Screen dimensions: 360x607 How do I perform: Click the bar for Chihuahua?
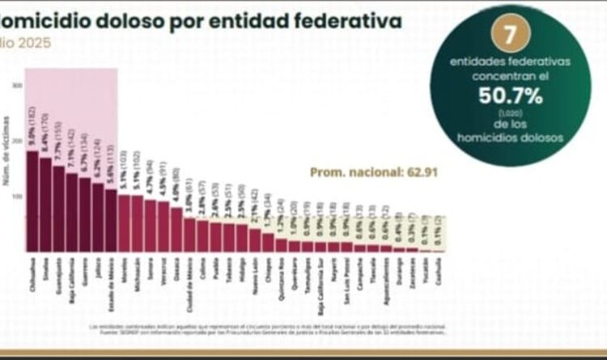[x=32, y=201]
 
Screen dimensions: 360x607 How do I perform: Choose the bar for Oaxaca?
[x=176, y=230]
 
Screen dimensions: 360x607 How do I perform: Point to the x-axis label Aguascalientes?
[x=386, y=279]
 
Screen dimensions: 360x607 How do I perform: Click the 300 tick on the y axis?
[x=18, y=86]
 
